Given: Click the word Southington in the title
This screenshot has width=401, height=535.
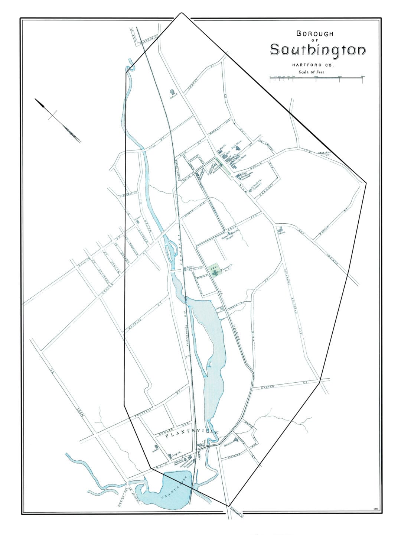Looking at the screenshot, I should pos(317,50).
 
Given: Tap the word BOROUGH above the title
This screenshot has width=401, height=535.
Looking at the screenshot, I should pos(315,33).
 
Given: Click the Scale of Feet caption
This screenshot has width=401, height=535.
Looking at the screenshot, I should pos(308,72).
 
